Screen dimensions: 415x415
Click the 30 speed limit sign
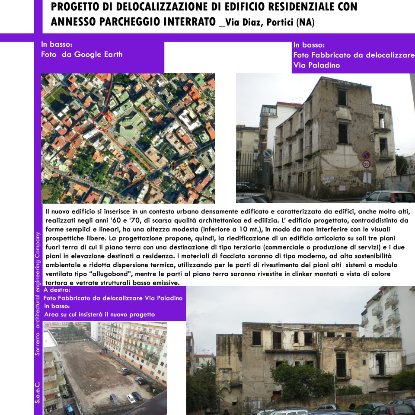pyautogui.click(x=366, y=164)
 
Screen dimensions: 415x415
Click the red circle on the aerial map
pyautogui.click(x=102, y=121)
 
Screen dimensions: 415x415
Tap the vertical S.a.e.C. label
pyautogui.click(x=38, y=391)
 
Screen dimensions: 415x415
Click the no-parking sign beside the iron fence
pyautogui.click(x=268, y=153)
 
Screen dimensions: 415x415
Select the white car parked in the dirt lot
pyautogui.click(x=131, y=398)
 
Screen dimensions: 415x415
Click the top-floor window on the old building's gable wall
pyautogui.click(x=342, y=97)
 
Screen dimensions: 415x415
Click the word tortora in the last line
pyautogui.click(x=57, y=283)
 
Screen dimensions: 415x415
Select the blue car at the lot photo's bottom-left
pyautogui.click(x=69, y=409)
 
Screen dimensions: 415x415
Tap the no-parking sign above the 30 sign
pyautogui.click(x=366, y=155)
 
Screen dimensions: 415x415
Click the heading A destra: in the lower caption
pyautogui.click(x=60, y=290)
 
